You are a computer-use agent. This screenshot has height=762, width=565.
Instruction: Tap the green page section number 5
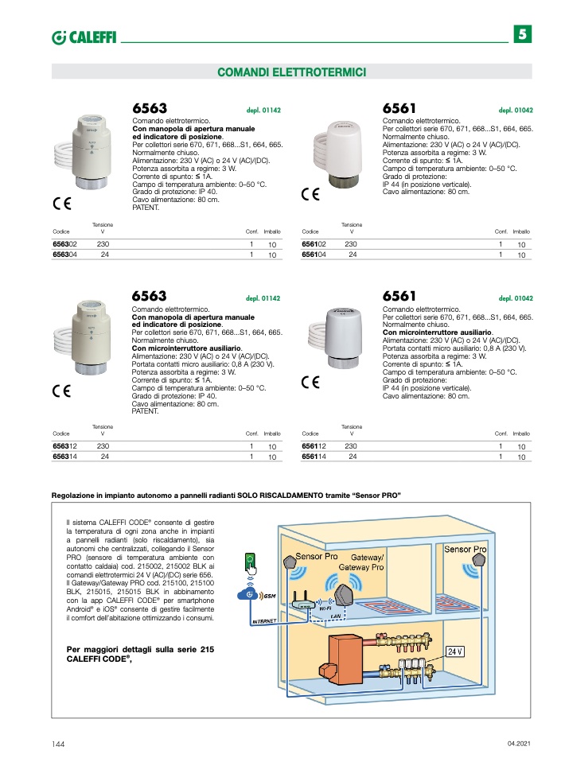[522, 34]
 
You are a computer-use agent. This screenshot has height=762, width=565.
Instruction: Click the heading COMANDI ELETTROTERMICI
[291, 72]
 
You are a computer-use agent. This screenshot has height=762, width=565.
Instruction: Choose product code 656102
[315, 243]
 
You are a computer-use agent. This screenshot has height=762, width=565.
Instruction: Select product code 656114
[315, 457]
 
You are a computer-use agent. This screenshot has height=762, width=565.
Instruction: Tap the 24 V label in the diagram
[455, 651]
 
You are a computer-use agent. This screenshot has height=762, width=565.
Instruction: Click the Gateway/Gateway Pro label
[363, 562]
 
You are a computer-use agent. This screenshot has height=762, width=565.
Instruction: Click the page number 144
[58, 743]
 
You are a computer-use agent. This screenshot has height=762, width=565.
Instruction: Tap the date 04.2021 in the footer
[518, 743]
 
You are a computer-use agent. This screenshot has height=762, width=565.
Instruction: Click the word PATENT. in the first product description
[146, 208]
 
